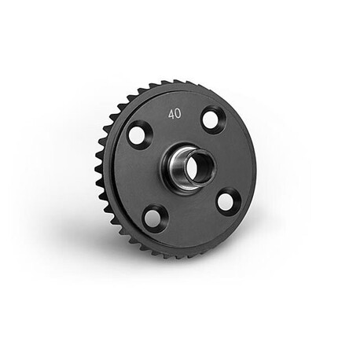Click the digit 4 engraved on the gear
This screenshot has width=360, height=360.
(172, 115)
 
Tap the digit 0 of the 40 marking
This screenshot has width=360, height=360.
(178, 114)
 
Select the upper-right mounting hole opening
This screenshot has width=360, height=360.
(211, 119)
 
